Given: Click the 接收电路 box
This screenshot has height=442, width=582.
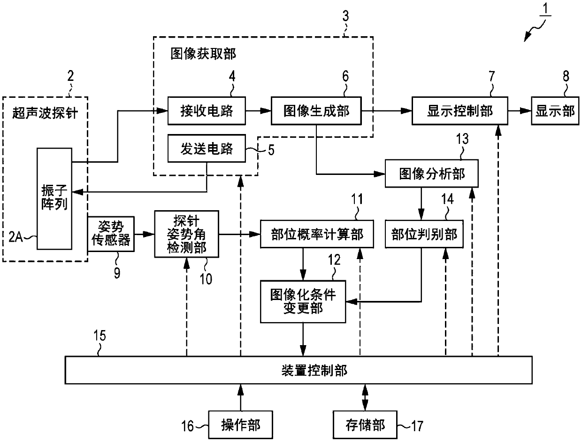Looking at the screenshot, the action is coord(207,111).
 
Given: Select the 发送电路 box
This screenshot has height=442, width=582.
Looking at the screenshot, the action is coord(207,149).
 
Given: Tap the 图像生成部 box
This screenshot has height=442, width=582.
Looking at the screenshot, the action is coord(316,111).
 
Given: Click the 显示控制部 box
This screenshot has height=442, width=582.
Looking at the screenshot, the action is coord(460,111).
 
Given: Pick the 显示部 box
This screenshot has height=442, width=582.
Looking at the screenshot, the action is coord(555,111).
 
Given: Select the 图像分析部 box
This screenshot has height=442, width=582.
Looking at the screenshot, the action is coord(432,174).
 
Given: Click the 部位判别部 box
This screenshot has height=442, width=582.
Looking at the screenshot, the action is coord(424,234).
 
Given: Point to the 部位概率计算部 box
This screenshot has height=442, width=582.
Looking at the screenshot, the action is coord(317,234).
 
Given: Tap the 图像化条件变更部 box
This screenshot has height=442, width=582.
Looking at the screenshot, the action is coord(303,302).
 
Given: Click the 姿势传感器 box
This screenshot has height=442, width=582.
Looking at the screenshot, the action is coord(111,234).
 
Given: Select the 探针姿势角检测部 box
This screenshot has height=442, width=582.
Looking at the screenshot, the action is coord(187,234).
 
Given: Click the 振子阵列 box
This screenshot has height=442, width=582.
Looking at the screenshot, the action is coord(54,199).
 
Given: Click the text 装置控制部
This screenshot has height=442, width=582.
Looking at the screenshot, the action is coord(314,370).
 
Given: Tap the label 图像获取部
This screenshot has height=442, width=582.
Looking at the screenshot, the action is coord(203,54).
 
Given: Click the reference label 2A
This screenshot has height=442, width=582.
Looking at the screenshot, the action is coord(15,237).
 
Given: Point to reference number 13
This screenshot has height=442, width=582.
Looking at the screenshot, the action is coord(462,139).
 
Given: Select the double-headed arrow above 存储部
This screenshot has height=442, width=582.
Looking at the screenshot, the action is coord(365,397).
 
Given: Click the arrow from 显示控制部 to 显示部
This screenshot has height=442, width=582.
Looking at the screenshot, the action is coord(520,111).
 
